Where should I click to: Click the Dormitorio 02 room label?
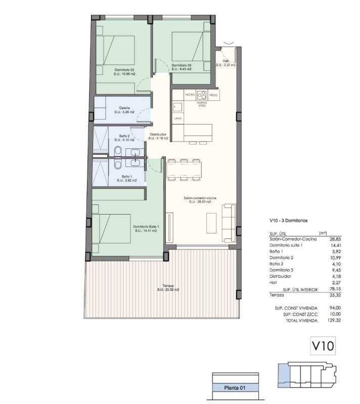[x=124, y=70]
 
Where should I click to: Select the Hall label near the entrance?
[x=226, y=61]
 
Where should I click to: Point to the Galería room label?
[x=124, y=108]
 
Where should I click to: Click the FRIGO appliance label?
[x=213, y=94]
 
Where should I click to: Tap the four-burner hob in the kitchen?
[x=202, y=94]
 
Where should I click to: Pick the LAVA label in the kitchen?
[x=177, y=118]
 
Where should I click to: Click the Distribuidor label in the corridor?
[x=158, y=134]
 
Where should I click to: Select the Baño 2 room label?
[x=125, y=136]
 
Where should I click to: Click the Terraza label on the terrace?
[x=161, y=286]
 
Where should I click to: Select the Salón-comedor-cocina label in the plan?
[x=200, y=198]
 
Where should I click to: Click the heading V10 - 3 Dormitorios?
[x=289, y=221]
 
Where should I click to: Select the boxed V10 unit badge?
[x=323, y=347]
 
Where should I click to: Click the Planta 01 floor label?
[x=235, y=388]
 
